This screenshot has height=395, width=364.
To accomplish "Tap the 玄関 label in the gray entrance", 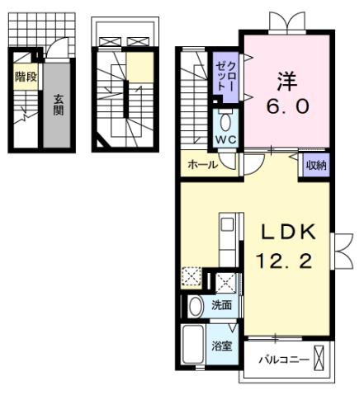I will point(59,105).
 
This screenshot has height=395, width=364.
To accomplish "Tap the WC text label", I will point(225,139).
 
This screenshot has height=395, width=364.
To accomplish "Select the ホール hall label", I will point(202,165).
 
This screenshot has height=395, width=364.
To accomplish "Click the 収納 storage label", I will point(315,164).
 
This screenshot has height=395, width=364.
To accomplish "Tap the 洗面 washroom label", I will point(220,305).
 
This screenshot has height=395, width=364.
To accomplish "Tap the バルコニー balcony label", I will point(283,360).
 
